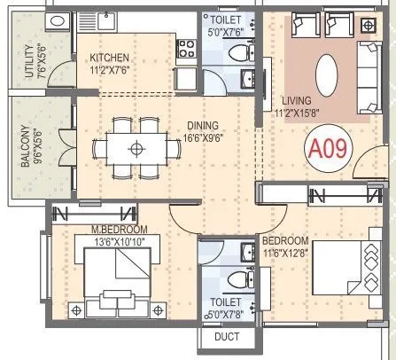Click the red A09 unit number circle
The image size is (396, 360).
(x=325, y=147)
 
